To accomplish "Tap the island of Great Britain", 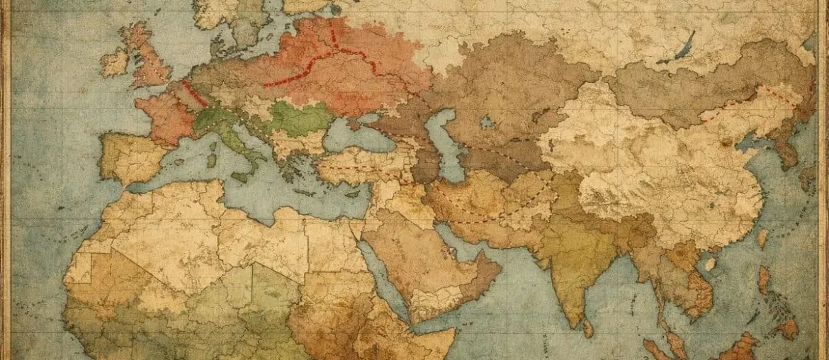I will [x=151, y=60].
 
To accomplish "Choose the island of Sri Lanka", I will [x=588, y=327].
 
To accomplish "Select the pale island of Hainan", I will [x=709, y=264].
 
